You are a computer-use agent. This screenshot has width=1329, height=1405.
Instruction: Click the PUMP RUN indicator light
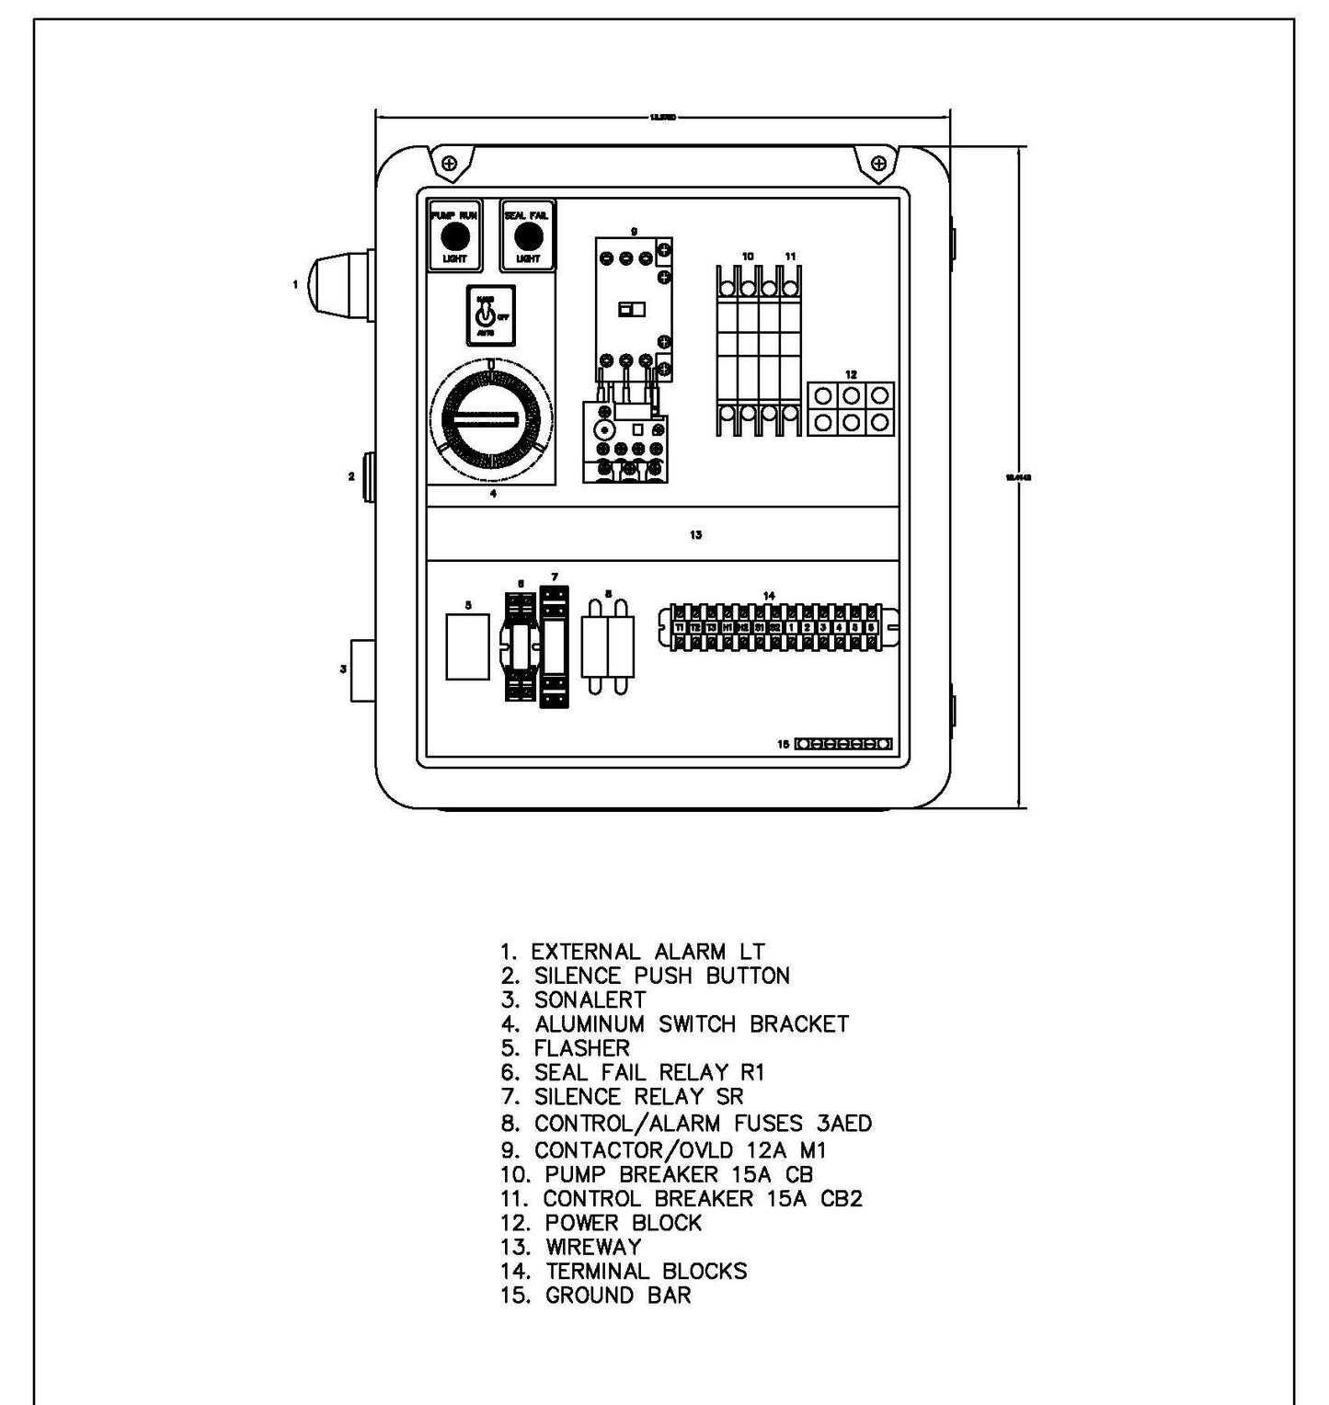pyautogui.click(x=454, y=236)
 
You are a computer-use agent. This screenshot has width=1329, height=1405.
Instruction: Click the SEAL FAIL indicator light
pyautogui.click(x=527, y=236)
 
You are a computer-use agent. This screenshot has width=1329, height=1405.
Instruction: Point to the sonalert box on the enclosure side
pyautogui.click(x=363, y=670)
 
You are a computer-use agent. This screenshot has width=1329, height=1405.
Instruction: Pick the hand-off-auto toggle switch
pyautogui.click(x=489, y=315)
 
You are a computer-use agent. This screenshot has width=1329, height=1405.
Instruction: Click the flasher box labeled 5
pyautogui.click(x=467, y=647)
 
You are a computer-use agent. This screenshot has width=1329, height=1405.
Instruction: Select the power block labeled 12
pyautogui.click(x=851, y=409)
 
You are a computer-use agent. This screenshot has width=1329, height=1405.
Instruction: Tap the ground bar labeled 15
pyautogui.click(x=842, y=744)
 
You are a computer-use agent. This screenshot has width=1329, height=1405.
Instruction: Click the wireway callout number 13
pyautogui.click(x=696, y=534)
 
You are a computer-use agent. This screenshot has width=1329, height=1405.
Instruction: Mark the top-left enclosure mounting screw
pyautogui.click(x=449, y=164)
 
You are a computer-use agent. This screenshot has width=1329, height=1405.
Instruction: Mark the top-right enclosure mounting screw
pyautogui.click(x=879, y=164)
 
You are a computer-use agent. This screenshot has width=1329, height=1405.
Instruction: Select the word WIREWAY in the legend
pyautogui.click(x=593, y=1248)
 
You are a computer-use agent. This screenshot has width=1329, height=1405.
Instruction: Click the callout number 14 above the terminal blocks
pyautogui.click(x=769, y=596)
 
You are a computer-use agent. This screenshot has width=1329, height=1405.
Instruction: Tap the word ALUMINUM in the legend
pyautogui.click(x=590, y=1024)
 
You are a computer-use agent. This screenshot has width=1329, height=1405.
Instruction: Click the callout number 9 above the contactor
pyautogui.click(x=634, y=232)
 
